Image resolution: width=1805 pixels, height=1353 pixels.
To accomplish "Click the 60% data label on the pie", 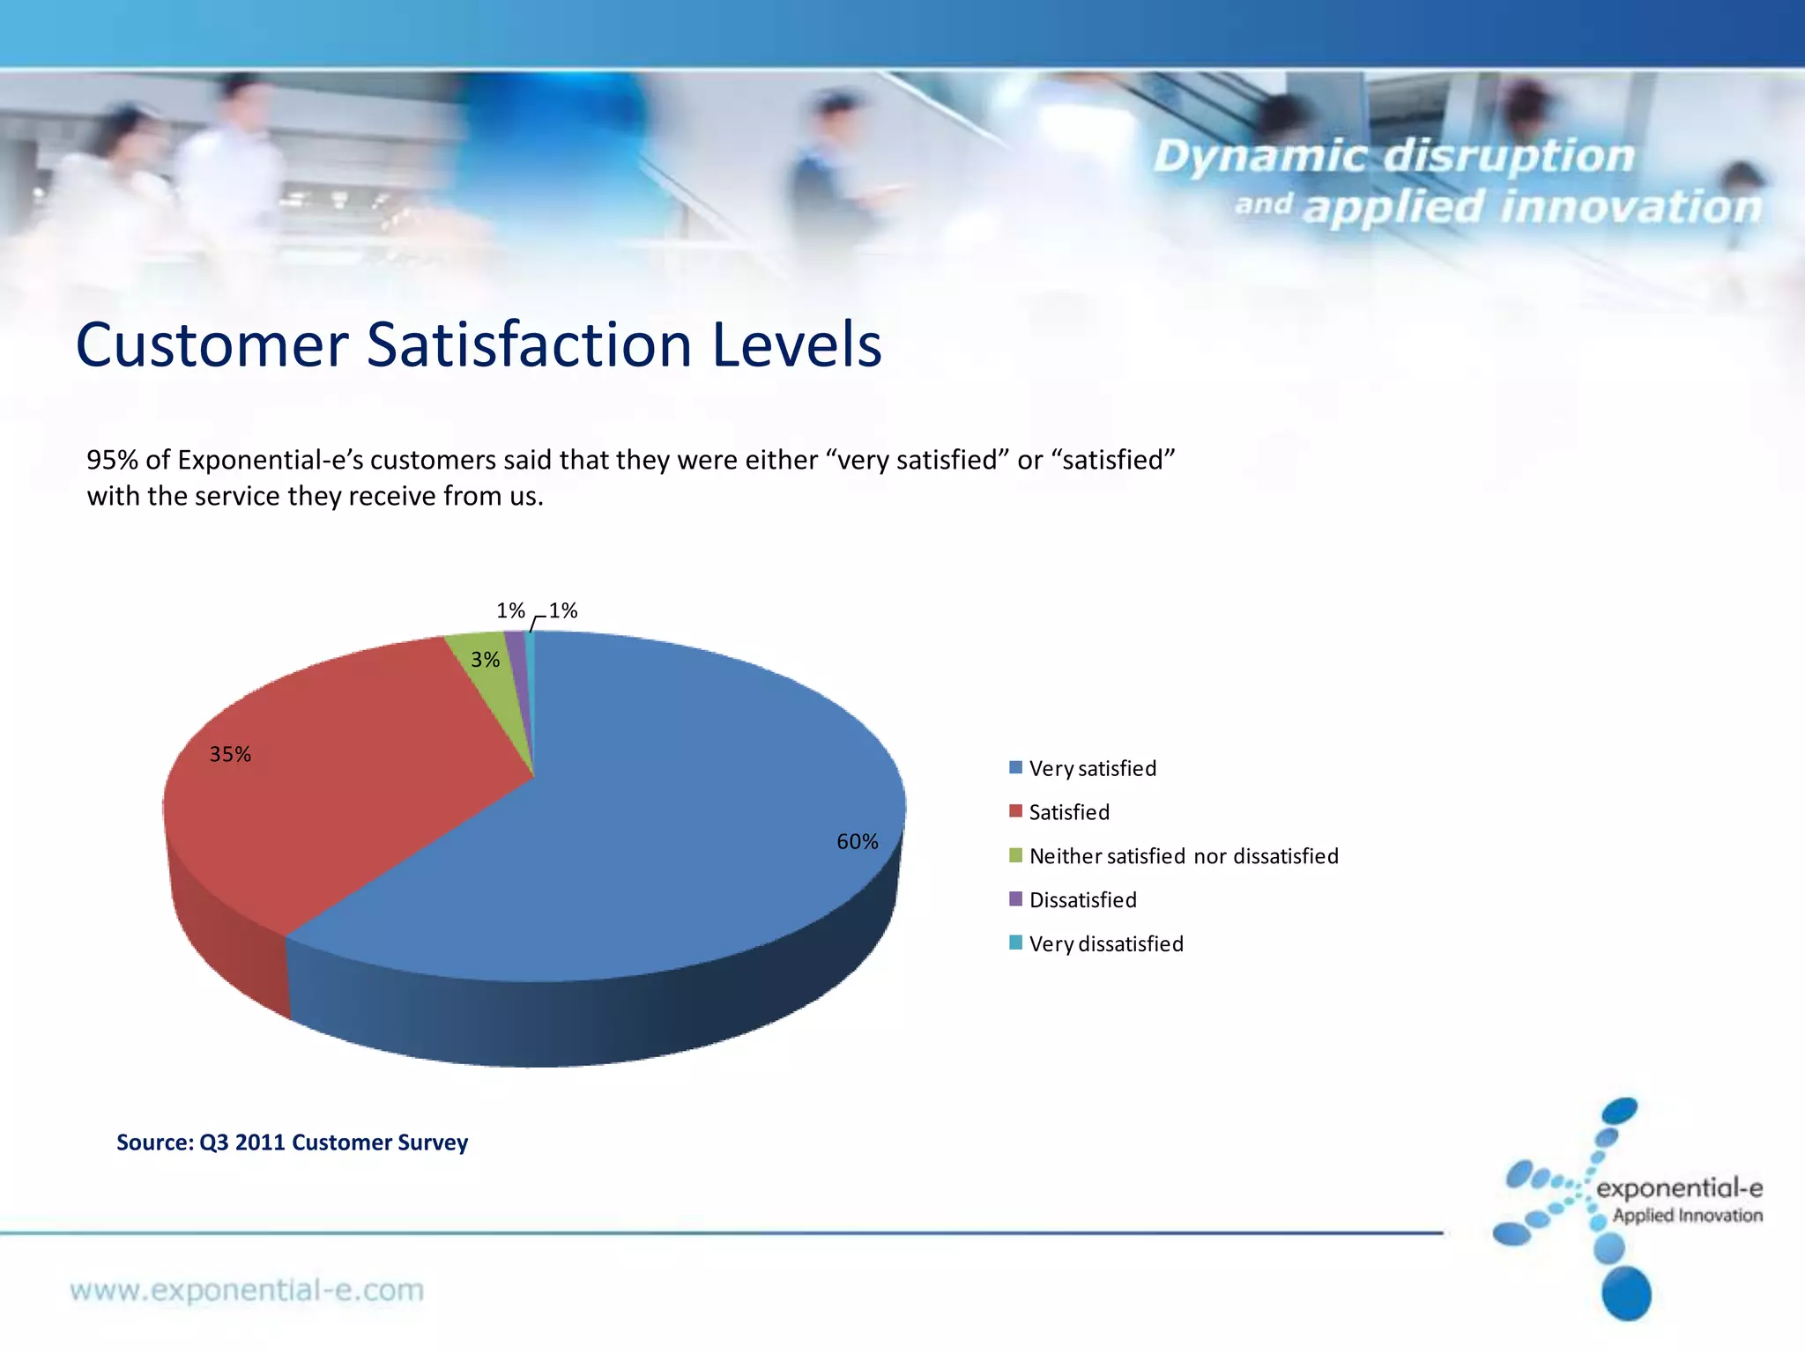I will pos(857,842).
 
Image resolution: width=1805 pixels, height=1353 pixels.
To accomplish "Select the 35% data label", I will pos(230,754).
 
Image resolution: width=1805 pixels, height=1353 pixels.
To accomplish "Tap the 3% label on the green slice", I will pos(485,660).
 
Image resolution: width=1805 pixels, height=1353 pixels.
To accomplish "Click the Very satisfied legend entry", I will pos(1092,768).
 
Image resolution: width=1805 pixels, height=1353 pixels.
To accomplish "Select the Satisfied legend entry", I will pos(1068,812).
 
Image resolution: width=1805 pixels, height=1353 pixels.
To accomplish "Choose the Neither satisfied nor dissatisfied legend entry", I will pos(1183,856).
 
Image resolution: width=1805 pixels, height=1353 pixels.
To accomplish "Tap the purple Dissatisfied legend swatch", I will pos(1015,899).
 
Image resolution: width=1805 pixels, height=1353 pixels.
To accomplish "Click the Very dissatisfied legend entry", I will pos(1105,944).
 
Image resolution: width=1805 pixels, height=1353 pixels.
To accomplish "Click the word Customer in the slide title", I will pos(212,345).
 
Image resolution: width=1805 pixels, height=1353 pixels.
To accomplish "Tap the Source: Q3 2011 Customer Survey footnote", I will pos(292,1142).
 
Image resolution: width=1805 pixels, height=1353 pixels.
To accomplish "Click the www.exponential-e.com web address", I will pos(247,1290).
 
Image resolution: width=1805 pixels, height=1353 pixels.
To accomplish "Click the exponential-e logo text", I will pos(1679,1189).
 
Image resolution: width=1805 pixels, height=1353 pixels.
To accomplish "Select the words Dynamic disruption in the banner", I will pos(1393,157).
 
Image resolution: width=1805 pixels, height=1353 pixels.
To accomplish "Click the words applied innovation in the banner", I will pos(1532,208).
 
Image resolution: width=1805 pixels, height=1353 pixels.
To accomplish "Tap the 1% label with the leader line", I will pos(562,610).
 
